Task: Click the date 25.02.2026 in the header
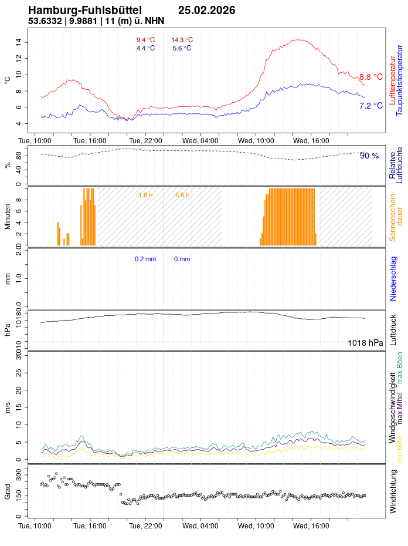206,11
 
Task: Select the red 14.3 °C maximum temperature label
182,40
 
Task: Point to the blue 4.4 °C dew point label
145,48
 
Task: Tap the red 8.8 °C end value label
370,77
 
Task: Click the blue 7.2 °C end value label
370,106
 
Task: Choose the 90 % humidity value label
369,156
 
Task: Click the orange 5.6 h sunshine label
182,195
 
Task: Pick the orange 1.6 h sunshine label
145,195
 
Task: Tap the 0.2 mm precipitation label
145,259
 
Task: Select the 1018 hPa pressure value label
365,343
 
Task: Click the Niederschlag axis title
393,278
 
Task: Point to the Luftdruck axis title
393,330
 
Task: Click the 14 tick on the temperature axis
19,42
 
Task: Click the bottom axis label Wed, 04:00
200,527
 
